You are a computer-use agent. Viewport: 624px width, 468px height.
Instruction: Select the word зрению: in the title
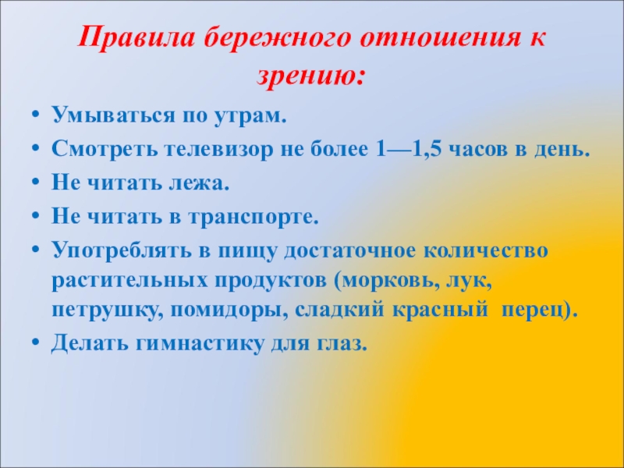coord(311,75)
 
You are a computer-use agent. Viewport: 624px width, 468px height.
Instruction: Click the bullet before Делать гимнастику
coord(35,342)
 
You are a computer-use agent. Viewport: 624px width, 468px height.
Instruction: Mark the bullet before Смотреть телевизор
coord(35,149)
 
